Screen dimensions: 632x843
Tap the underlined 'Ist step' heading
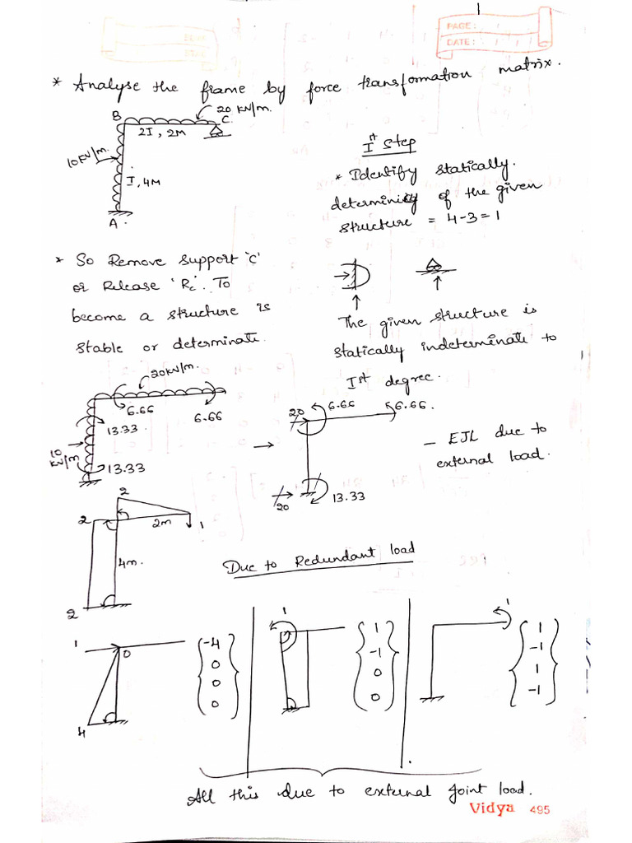(389, 146)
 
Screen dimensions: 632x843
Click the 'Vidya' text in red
(492, 808)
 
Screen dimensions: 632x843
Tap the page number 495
(540, 809)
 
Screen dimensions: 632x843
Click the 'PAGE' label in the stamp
(458, 27)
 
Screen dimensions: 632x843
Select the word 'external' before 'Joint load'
(399, 792)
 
